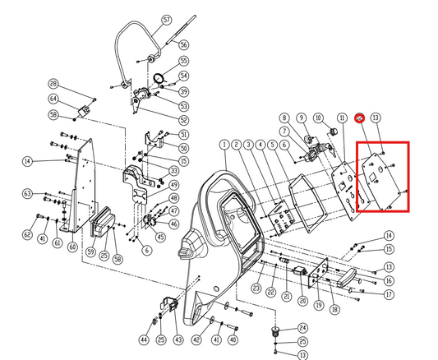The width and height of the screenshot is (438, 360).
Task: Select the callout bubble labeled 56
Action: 183,44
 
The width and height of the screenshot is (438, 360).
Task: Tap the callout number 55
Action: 183,61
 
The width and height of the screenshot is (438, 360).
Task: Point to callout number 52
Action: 183,120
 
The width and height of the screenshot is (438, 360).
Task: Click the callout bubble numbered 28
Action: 76,84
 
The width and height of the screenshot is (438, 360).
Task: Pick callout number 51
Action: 183,134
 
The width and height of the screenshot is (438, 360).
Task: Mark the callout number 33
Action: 174,170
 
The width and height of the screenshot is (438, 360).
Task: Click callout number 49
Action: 174,186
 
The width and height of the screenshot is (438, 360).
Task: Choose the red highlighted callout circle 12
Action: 360,118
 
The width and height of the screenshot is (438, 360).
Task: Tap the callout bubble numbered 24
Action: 302,328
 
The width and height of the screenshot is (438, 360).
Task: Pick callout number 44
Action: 145,339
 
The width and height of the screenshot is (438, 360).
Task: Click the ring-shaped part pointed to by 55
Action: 161,80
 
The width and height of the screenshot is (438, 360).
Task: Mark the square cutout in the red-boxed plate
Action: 371,175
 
